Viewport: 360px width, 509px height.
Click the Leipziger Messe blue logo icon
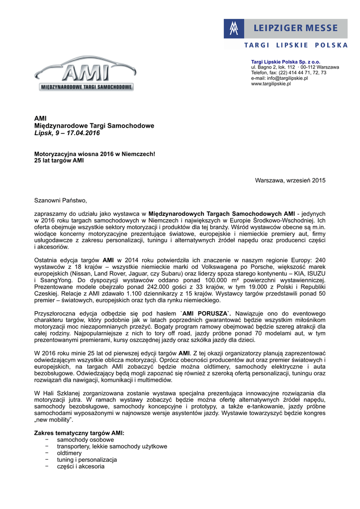[x=234, y=29]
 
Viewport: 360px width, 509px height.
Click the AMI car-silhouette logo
[x=84, y=75]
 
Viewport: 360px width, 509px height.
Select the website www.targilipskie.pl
[x=270, y=84]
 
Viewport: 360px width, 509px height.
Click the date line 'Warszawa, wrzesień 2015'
[x=290, y=180]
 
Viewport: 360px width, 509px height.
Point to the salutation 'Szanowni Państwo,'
[x=60, y=200]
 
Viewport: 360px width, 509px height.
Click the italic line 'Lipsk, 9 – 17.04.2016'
[x=67, y=133]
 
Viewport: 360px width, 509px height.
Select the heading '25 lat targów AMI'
[x=59, y=161]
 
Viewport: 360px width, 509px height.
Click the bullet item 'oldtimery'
[x=69, y=453]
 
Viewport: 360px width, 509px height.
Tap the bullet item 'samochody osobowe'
[x=85, y=440]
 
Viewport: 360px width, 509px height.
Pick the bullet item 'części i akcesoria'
[x=81, y=466]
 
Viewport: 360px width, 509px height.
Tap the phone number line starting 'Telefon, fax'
[x=288, y=73]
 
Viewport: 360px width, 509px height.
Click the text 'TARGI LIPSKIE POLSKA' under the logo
[x=295, y=45]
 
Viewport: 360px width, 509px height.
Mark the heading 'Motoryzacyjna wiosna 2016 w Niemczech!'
[x=94, y=154]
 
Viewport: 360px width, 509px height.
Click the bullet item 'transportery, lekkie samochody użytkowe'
[x=112, y=446]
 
